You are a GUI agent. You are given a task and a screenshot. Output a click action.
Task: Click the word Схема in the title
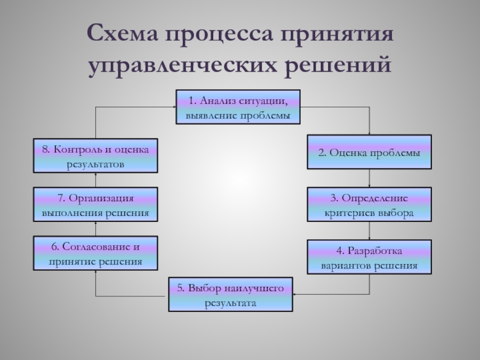[123, 33]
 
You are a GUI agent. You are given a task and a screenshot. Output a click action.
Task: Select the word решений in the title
[338, 65]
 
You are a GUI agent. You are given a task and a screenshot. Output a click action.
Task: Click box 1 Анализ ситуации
[238, 107]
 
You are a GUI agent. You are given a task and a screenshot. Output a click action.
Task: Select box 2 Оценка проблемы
[369, 152]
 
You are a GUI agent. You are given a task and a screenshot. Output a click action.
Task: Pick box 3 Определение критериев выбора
[369, 204]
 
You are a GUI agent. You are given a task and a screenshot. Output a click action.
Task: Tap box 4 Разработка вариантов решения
[369, 257]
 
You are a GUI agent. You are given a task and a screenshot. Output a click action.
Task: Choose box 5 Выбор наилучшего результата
[230, 295]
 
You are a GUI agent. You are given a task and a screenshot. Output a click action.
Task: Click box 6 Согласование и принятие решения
[95, 253]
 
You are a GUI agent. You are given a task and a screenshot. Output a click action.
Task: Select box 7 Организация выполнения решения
[95, 204]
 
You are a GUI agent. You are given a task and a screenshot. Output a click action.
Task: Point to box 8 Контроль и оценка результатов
[95, 155]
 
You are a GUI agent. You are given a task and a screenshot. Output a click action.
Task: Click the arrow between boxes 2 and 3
[370, 178]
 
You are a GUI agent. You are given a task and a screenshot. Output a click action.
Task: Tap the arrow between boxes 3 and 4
[370, 231]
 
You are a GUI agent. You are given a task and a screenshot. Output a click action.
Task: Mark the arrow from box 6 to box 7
[95, 229]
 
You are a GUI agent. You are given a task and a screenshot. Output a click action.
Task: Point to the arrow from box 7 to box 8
[95, 180]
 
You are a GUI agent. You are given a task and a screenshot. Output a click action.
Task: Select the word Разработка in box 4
[374, 251]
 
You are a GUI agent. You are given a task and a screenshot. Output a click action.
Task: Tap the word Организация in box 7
[101, 198]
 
